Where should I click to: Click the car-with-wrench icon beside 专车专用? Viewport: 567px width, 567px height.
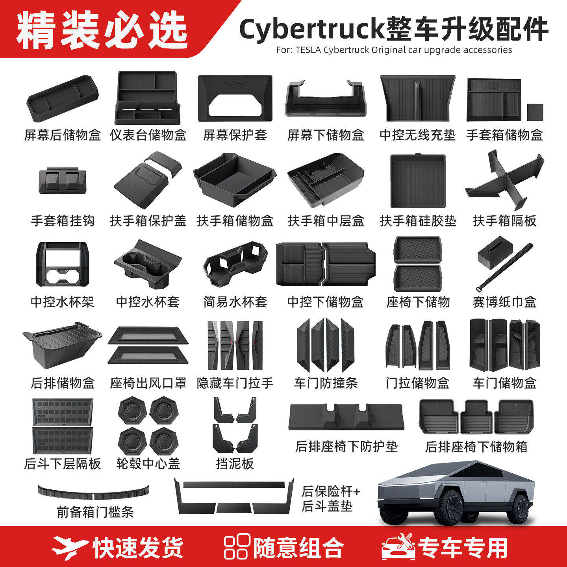click(x=398, y=547)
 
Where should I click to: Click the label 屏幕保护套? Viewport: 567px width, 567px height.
click(x=235, y=135)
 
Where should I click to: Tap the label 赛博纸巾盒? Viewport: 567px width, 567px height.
click(x=504, y=302)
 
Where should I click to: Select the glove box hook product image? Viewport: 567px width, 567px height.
click(x=63, y=181)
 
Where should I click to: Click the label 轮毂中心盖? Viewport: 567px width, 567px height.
click(x=148, y=463)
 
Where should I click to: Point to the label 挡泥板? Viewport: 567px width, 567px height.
click(x=235, y=463)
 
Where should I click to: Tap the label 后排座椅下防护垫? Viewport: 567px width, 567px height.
click(x=346, y=447)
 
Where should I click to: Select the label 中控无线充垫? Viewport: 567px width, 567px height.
click(x=418, y=135)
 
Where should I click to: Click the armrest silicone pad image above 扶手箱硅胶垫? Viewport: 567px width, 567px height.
click(x=418, y=181)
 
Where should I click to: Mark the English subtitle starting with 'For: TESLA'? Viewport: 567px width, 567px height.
click(x=394, y=50)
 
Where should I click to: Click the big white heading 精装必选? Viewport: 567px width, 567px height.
click(x=102, y=30)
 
